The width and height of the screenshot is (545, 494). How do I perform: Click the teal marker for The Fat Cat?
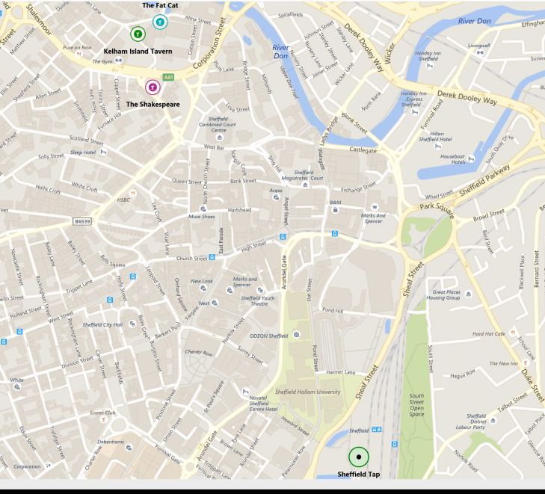tap(159, 22)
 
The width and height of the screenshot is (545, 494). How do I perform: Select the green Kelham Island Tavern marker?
tap(138, 34)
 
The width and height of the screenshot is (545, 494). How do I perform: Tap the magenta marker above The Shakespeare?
tap(153, 87)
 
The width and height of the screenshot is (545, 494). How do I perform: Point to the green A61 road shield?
tap(169, 77)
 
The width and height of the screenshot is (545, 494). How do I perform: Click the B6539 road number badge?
tap(83, 221)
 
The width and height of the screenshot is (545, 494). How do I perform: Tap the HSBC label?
tap(123, 200)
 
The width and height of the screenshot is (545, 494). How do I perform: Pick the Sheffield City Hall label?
tap(102, 324)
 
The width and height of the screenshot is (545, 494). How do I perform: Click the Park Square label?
tap(437, 206)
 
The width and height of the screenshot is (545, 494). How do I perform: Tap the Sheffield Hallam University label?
tap(308, 392)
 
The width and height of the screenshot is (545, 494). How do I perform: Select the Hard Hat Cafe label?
tap(489, 334)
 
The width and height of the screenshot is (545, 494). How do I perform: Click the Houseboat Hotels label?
tap(453, 158)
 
